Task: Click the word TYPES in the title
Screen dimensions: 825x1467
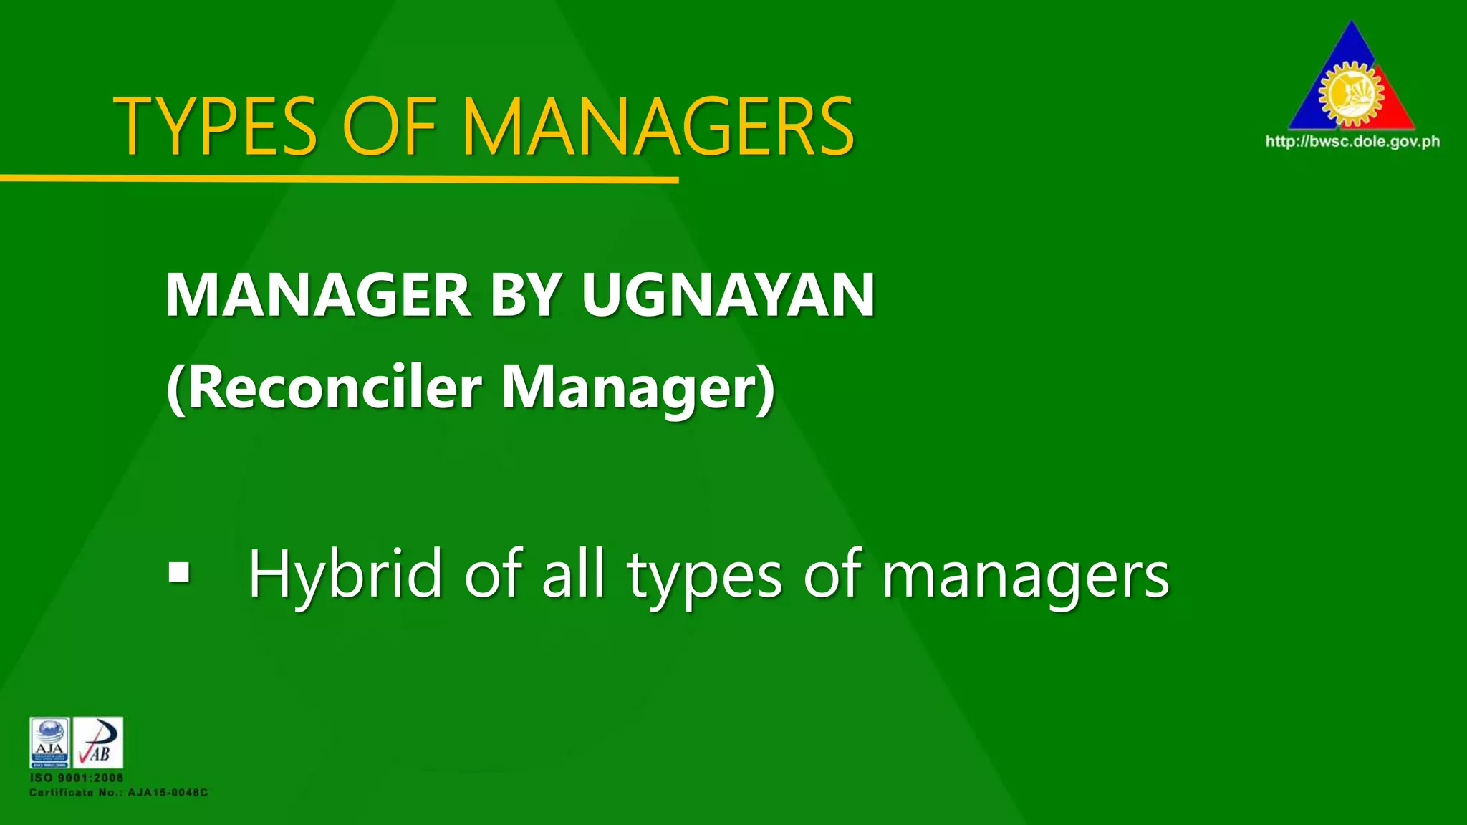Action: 215,127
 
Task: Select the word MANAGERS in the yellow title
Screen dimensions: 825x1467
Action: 659,127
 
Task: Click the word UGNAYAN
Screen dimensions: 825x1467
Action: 728,295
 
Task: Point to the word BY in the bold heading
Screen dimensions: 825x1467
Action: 526,295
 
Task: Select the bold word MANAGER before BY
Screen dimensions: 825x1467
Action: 318,295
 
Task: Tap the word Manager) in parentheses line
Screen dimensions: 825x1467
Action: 638,388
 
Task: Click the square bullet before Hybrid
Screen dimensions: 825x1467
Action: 179,572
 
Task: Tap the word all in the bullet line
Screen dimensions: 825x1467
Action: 573,573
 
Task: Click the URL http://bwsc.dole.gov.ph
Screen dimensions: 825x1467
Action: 1352,141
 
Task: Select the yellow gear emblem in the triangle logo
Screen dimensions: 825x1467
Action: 1351,93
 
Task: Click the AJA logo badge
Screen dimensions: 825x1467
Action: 49,743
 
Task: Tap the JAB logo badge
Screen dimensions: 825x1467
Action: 98,743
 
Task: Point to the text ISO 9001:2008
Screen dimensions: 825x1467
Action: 77,778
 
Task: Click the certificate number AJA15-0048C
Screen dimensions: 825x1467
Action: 168,793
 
